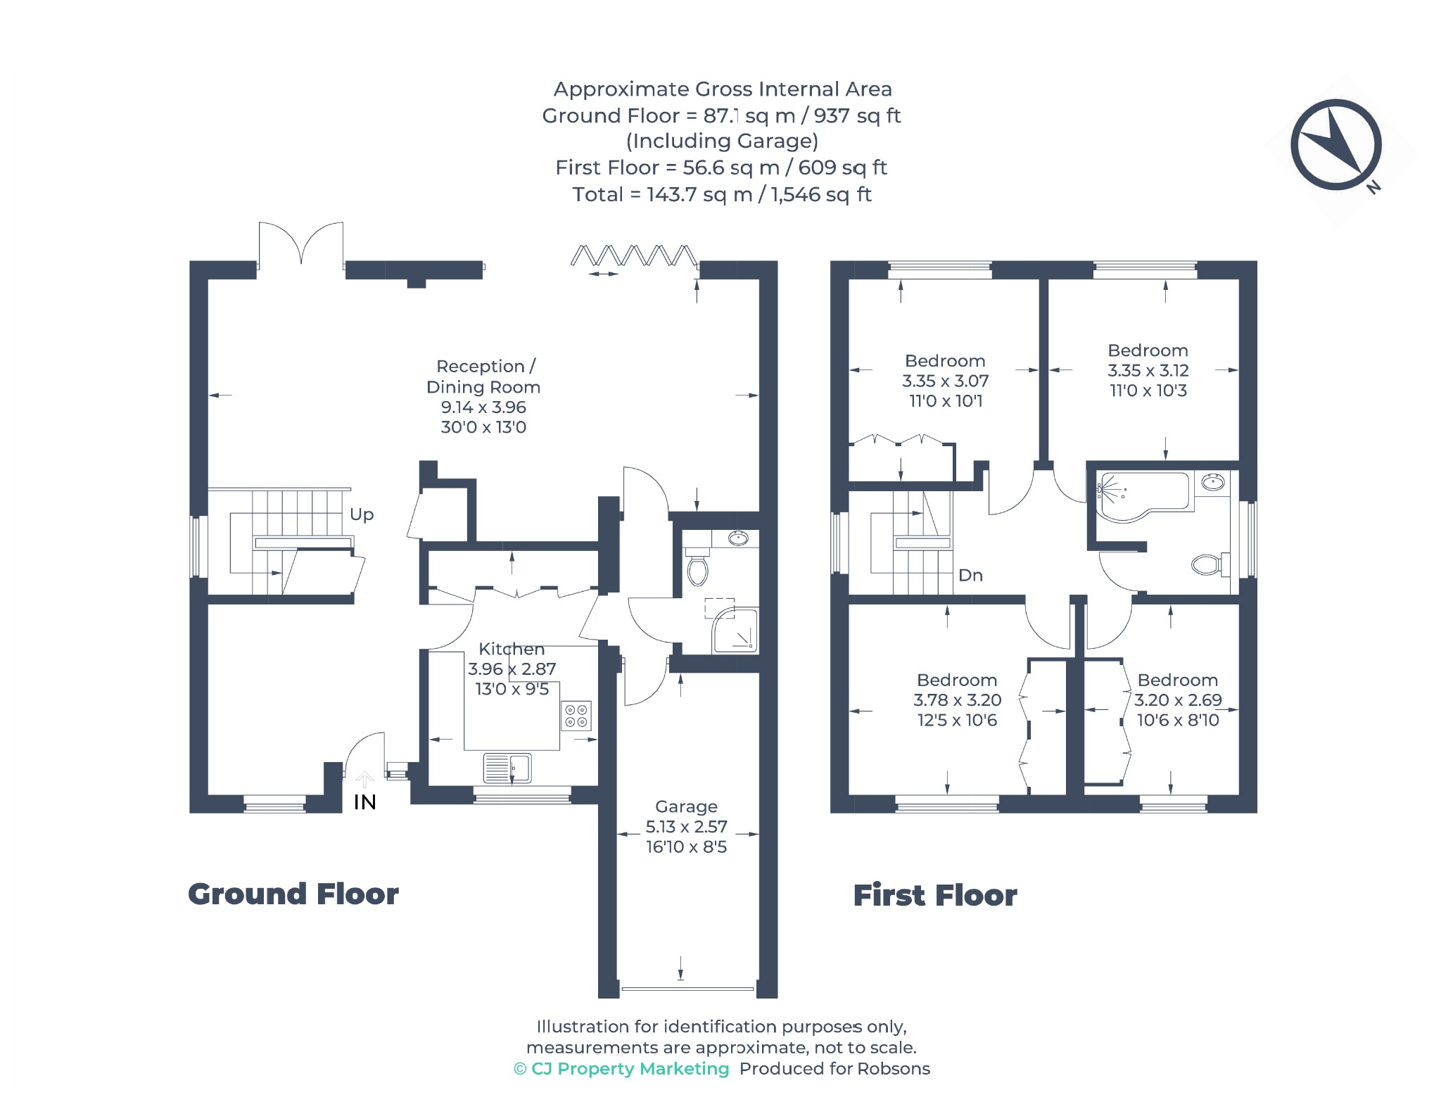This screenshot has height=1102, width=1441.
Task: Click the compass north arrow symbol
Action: point(1335,145)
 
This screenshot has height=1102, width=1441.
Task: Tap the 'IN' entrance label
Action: point(364,802)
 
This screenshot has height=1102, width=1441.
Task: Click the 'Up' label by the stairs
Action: point(362,514)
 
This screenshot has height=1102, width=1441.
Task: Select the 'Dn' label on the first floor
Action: point(970,575)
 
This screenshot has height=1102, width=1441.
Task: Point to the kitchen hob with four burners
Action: point(576,716)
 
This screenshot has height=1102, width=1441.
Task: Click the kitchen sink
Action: point(507,767)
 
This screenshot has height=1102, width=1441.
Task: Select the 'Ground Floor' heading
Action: point(293,894)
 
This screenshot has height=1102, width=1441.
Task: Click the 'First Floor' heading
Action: point(935,896)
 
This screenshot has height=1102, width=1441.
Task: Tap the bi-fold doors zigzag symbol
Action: point(634,255)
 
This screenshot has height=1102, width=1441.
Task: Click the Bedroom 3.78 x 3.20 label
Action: point(957,699)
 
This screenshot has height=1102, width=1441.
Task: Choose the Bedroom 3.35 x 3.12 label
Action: point(1148,370)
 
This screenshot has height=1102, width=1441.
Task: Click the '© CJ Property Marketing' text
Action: point(622,1069)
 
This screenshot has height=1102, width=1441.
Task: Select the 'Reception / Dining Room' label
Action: point(483,376)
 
